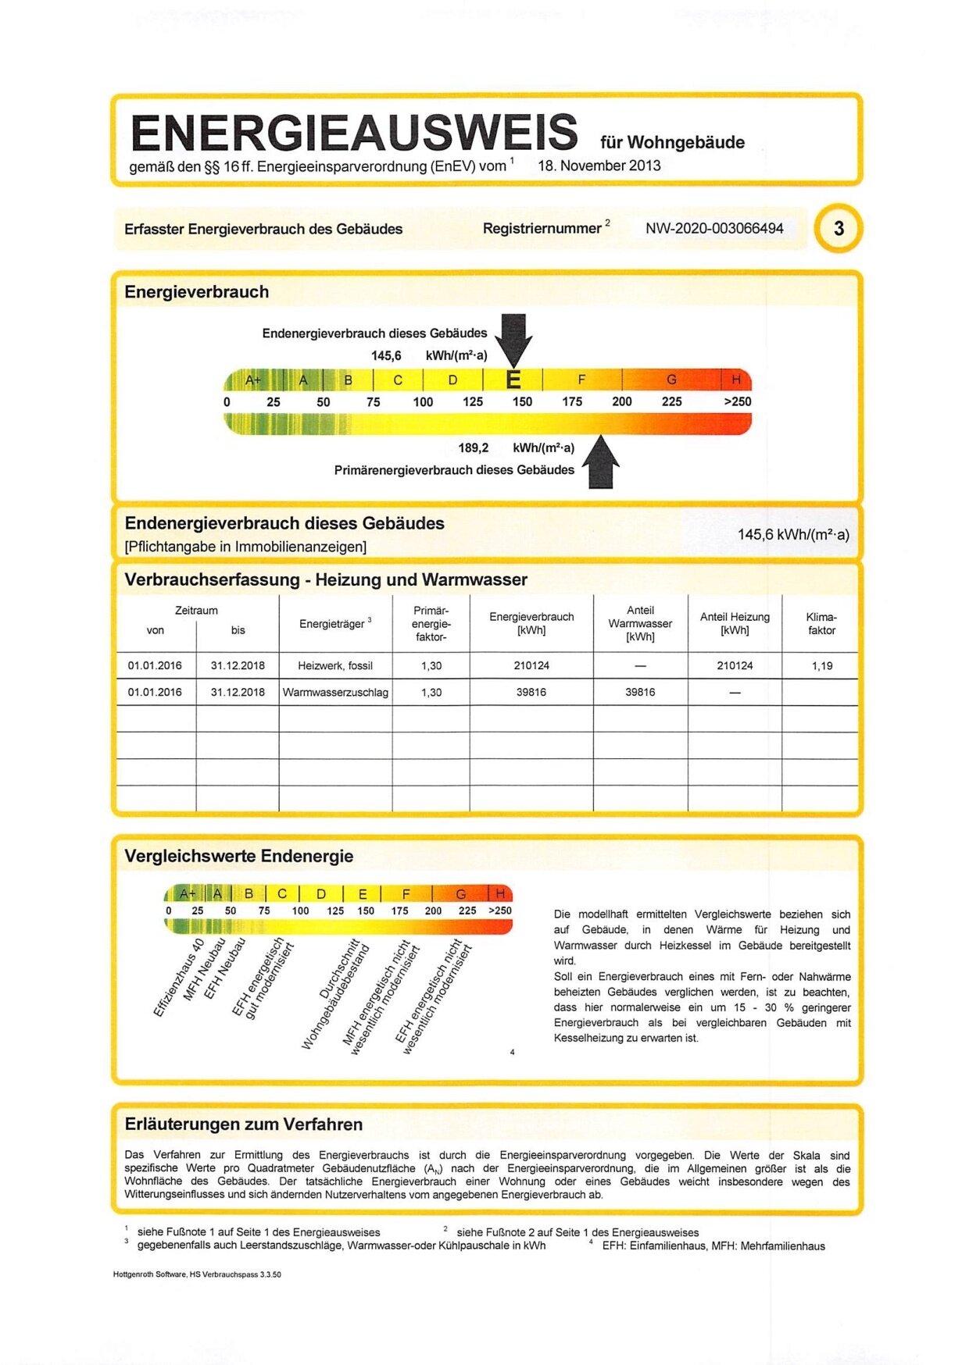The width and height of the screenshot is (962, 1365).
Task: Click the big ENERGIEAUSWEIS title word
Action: tap(354, 133)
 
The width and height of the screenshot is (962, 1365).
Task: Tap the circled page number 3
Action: tap(839, 228)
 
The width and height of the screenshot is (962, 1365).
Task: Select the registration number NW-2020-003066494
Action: tap(714, 228)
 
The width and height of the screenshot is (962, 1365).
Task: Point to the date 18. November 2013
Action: tap(599, 166)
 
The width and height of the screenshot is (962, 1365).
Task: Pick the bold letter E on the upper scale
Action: tap(513, 380)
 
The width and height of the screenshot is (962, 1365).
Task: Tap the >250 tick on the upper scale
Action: tap(737, 401)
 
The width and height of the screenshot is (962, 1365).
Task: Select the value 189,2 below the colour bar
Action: tap(474, 447)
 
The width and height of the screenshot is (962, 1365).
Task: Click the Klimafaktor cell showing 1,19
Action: tap(821, 666)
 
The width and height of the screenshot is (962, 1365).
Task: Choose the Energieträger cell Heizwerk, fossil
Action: tap(335, 666)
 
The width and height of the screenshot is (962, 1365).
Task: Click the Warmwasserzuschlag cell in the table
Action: tap(335, 693)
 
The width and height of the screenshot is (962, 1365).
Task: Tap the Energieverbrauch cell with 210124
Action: tap(531, 666)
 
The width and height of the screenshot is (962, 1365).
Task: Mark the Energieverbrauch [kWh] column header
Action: tap(531, 623)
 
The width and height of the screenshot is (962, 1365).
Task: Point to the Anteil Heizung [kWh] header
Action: tap(735, 623)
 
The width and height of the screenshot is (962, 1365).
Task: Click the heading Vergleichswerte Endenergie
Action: tap(239, 856)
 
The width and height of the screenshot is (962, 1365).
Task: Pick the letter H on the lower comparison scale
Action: tap(500, 893)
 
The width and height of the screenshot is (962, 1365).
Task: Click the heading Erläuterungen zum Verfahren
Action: tap(244, 1124)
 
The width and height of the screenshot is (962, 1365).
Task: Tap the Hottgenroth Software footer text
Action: tap(197, 1274)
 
